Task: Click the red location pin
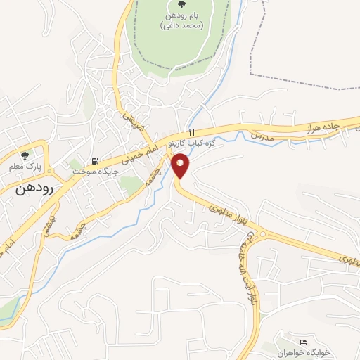tap(181, 166)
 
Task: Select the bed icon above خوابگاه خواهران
tap(304, 341)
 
